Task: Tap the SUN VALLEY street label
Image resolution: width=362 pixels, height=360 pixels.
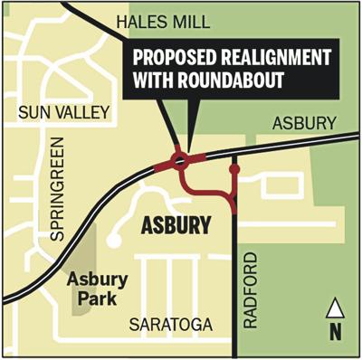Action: coord(60,111)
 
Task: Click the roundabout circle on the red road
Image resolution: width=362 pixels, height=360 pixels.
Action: coord(180,161)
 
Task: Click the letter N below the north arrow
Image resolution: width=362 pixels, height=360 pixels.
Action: coord(336,330)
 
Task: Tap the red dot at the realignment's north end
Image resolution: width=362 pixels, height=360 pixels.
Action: coord(234,168)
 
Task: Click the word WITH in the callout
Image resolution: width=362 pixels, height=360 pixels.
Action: coord(154,80)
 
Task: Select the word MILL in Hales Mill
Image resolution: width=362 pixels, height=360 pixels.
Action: coord(208,20)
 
